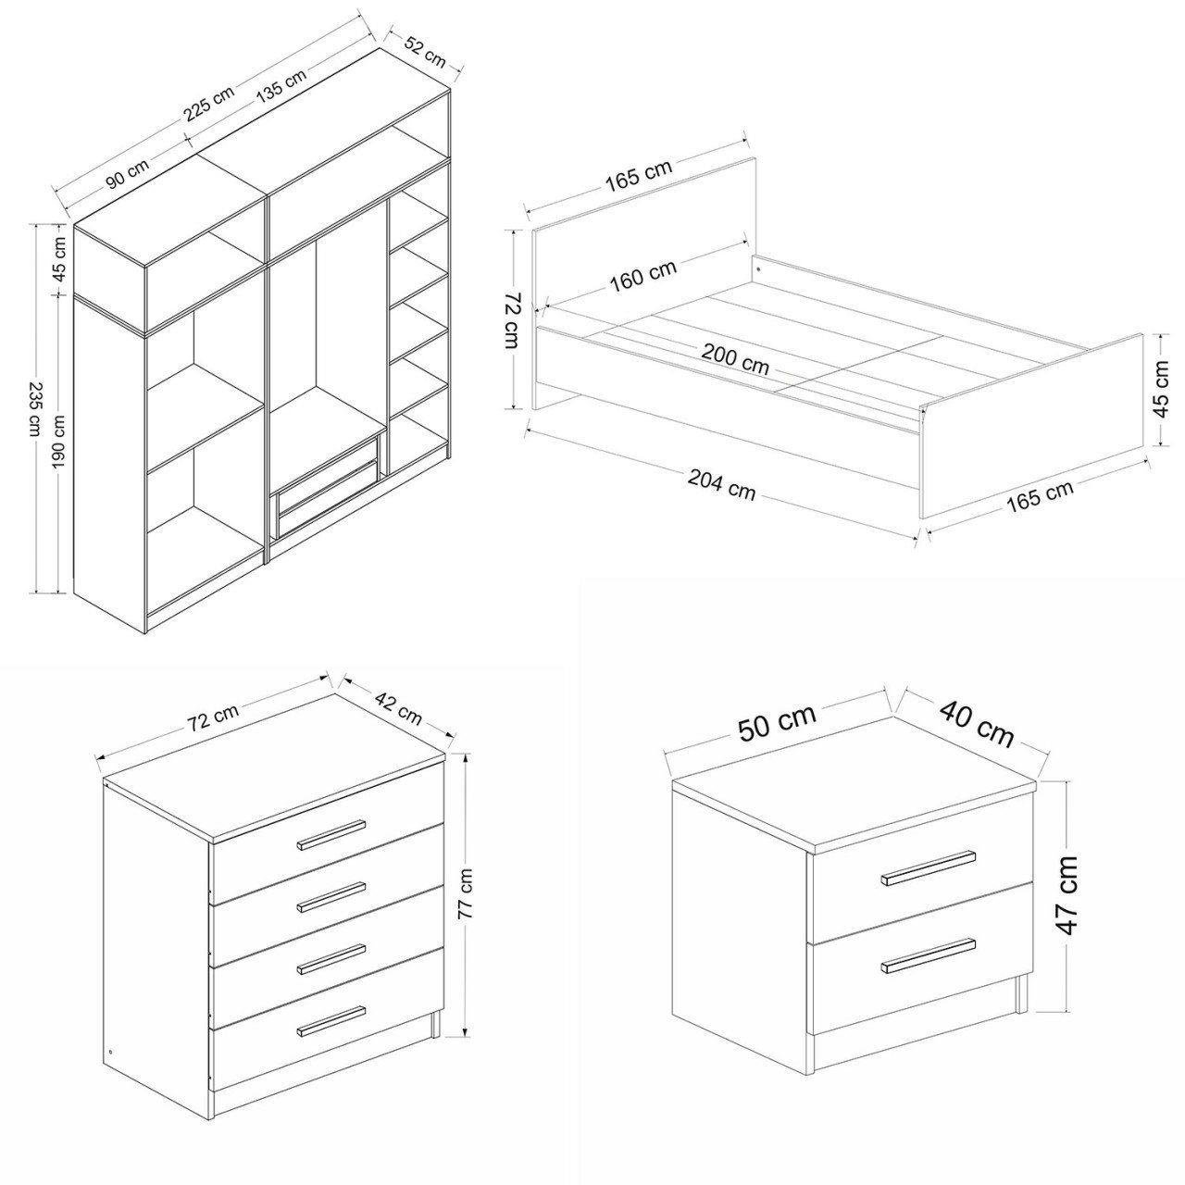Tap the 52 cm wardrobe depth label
pos(425,51)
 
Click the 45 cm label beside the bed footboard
pos(1161,388)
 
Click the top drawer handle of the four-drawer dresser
pos(331,834)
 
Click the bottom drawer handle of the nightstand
pos(928,955)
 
